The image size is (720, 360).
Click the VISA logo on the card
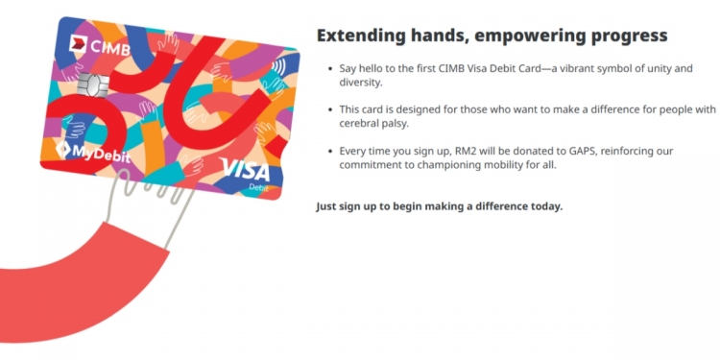click(x=246, y=170)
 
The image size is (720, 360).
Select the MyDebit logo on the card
click(x=91, y=150)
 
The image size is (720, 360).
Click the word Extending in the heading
click(x=360, y=36)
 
